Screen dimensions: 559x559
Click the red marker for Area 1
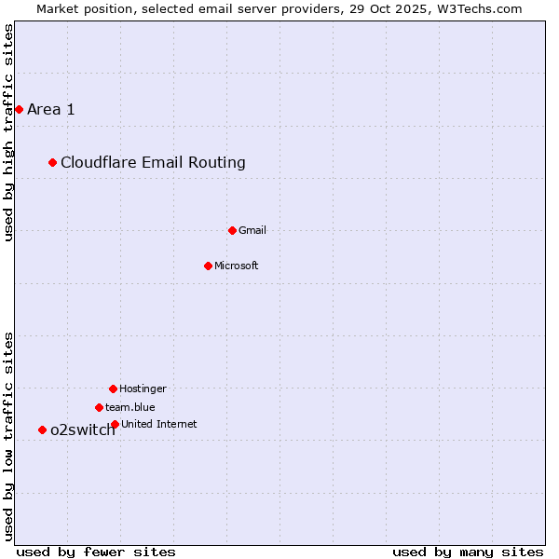(19, 110)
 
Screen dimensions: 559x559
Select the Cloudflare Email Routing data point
(53, 163)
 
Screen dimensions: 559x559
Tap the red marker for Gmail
(233, 230)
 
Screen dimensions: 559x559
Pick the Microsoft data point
(208, 266)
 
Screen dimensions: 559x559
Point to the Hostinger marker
(113, 389)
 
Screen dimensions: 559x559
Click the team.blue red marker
(99, 407)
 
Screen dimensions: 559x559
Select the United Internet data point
(115, 424)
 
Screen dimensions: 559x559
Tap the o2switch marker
(42, 429)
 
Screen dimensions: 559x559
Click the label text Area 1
(51, 110)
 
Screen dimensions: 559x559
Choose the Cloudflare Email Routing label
(153, 163)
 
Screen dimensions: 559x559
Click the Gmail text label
(252, 230)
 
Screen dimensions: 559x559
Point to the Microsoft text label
(237, 266)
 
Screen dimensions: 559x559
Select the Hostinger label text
(143, 389)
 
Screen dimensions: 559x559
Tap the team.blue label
(130, 407)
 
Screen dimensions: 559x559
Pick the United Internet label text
(159, 424)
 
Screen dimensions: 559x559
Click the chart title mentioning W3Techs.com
(279, 8)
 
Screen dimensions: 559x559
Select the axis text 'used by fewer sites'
(96, 552)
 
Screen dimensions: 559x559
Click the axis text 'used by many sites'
(468, 552)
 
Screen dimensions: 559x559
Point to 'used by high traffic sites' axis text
(8, 133)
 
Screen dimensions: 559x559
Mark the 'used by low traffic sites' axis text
(8, 436)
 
